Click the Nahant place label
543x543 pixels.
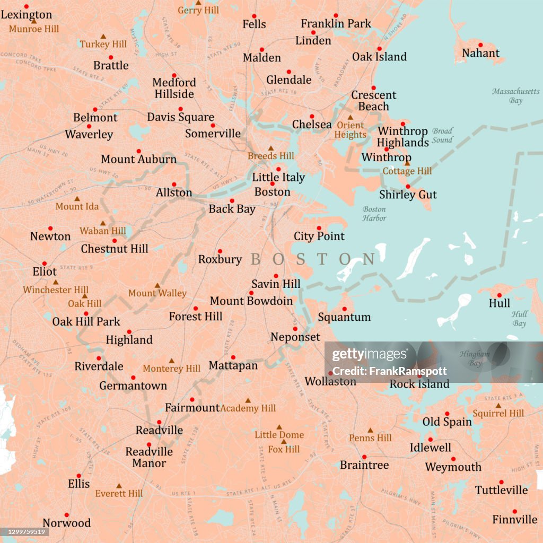tap(480, 53)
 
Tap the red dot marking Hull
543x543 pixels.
tap(499, 295)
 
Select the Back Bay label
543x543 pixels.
tap(232, 209)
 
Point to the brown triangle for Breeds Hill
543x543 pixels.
tap(270, 148)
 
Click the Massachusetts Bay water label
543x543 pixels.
tap(515, 96)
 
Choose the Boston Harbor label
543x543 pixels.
tap(374, 214)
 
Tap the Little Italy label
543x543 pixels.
tap(278, 178)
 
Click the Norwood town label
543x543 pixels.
tap(67, 523)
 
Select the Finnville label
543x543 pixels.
tap(514, 520)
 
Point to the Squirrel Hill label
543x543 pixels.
tap(498, 414)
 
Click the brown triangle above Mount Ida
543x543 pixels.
tap(77, 199)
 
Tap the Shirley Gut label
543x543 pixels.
tap(408, 195)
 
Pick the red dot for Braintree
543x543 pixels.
tap(364, 457)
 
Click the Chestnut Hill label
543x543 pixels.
tap(115, 249)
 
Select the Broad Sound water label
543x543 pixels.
tap(442, 135)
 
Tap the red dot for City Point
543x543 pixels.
tap(319, 228)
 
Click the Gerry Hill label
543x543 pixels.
tap(198, 11)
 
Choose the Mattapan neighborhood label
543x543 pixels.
tap(233, 365)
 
